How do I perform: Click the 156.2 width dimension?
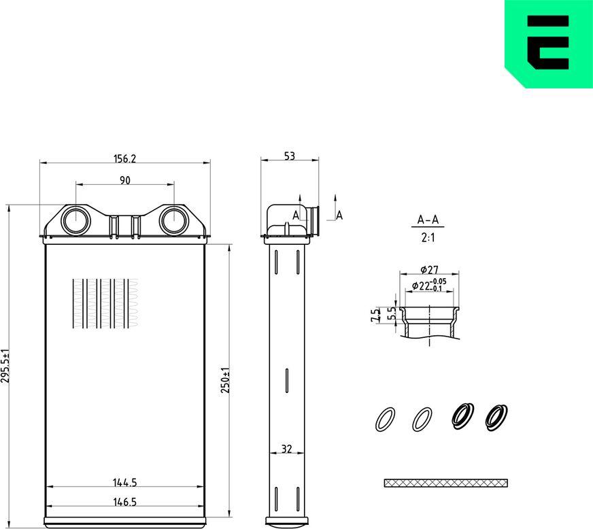tap(124, 158)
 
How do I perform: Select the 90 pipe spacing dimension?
tap(124, 180)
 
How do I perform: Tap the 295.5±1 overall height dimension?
tap(6, 366)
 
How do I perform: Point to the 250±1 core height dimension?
tap(226, 380)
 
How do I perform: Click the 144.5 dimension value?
tap(124, 483)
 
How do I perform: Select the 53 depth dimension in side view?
tap(289, 156)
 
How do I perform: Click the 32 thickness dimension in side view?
tap(287, 449)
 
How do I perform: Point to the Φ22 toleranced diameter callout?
tap(428, 286)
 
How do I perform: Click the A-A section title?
tap(428, 220)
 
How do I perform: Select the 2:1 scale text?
tap(428, 238)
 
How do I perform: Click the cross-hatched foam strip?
tap(445, 483)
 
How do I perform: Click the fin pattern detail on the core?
tap(103, 303)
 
